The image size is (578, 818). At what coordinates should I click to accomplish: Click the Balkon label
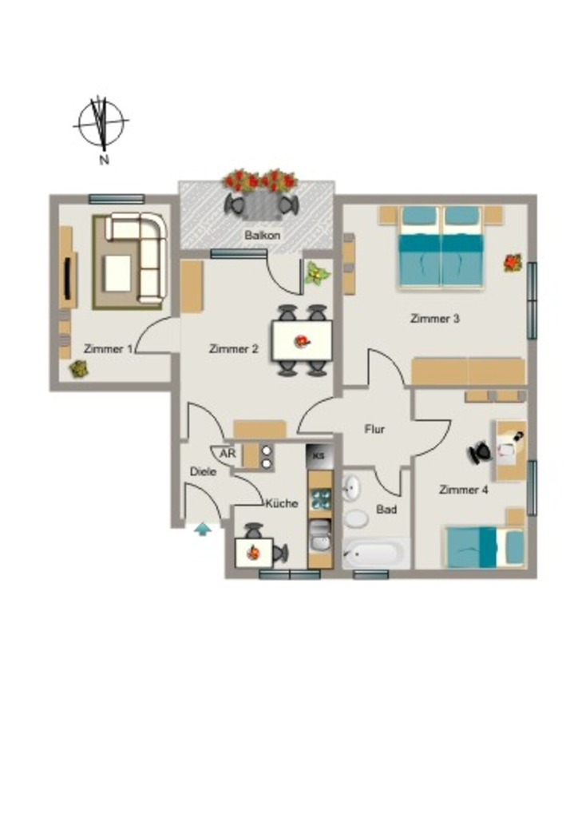click(262, 236)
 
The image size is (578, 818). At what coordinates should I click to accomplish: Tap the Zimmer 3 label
click(434, 318)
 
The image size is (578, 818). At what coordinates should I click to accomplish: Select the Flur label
click(374, 429)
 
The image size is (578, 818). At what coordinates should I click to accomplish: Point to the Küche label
click(282, 503)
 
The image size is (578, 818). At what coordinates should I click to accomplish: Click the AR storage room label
click(228, 454)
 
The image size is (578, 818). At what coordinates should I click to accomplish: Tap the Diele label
click(203, 471)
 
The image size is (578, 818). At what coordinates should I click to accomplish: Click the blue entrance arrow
click(203, 530)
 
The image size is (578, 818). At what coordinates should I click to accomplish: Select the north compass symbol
click(101, 125)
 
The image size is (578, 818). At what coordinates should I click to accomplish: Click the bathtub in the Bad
click(376, 553)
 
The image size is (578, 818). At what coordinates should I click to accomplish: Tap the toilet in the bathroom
click(357, 518)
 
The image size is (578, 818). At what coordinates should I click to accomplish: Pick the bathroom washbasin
click(351, 488)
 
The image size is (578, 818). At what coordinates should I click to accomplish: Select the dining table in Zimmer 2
click(302, 341)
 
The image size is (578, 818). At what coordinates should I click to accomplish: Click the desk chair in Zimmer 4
click(480, 452)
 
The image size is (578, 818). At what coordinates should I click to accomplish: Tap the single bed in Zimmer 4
click(483, 546)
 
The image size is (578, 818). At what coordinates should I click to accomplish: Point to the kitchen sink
click(320, 536)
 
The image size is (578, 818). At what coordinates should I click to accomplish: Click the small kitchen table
click(254, 553)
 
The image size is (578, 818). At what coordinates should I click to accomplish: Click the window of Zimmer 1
click(117, 199)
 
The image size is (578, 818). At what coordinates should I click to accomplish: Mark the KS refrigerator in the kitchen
click(319, 455)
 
